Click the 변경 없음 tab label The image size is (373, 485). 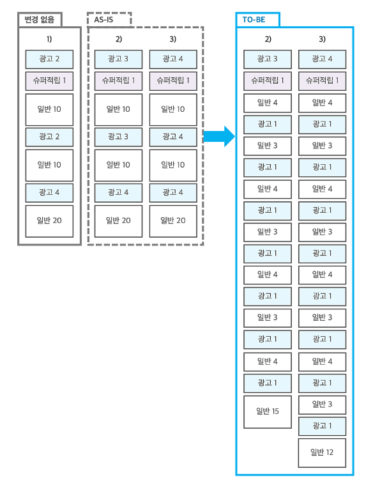point(40,20)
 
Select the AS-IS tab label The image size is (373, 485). point(103,20)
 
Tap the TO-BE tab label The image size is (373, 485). point(254,20)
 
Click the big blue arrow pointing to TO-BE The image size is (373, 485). point(219,136)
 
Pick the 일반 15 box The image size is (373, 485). point(268,412)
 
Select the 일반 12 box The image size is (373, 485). point(322,453)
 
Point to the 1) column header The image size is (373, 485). point(49,39)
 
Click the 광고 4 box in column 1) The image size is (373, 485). point(49,193)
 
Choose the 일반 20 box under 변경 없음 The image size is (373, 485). point(49,221)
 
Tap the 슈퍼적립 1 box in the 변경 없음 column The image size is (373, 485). point(49,81)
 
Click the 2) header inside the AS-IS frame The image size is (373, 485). point(119,39)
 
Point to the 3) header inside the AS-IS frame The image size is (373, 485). point(173,39)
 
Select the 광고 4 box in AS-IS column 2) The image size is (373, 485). point(118,193)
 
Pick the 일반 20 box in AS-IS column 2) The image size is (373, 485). point(118,221)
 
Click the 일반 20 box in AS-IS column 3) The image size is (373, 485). point(173,221)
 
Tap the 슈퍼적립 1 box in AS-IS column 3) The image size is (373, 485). point(173,81)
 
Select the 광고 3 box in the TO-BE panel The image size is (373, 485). point(268,59)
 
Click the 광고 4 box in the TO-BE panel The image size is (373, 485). point(322,59)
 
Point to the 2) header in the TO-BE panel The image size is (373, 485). point(268,39)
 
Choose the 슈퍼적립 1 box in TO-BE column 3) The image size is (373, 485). point(322,81)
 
